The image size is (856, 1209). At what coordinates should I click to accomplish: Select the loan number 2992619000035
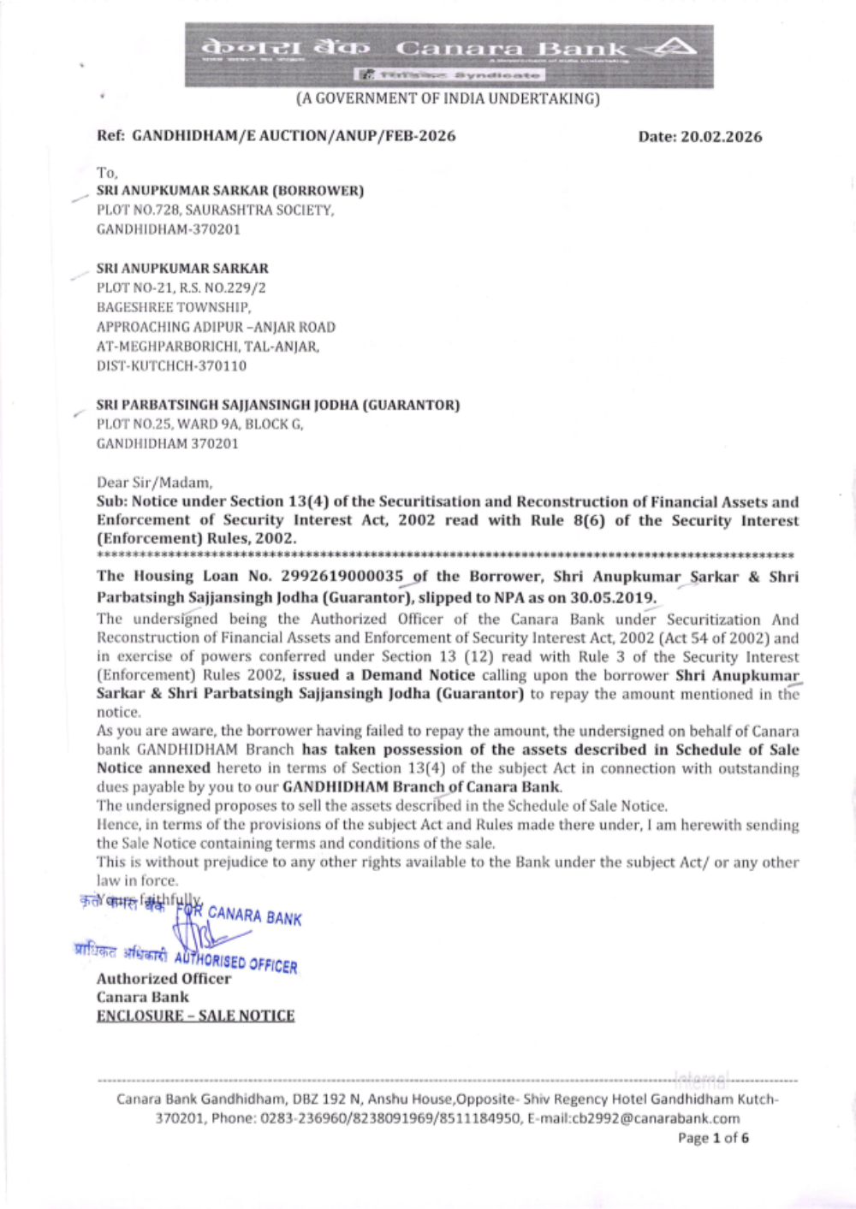[342, 576]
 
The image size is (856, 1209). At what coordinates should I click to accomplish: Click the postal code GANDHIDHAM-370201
[168, 229]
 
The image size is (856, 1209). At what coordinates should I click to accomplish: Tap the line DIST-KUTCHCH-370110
[171, 365]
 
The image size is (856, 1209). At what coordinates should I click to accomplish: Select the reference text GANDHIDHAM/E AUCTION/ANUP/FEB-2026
[294, 136]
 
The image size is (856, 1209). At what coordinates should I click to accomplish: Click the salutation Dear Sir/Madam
[154, 483]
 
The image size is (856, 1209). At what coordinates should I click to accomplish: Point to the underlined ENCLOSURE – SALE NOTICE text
[195, 1016]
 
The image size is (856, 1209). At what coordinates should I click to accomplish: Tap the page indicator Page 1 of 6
[713, 1138]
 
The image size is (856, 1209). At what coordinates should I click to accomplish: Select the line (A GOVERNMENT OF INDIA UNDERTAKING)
[448, 98]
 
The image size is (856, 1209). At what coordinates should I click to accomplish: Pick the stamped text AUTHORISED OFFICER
[236, 963]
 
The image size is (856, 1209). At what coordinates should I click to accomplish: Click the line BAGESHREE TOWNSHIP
[173, 307]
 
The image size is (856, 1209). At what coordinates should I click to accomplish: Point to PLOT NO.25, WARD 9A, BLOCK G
[199, 424]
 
